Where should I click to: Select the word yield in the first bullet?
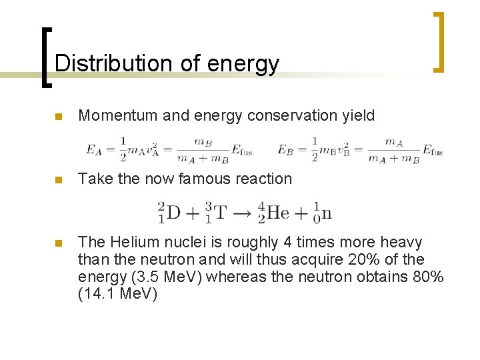click(359, 116)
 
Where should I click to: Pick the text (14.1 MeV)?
click(117, 293)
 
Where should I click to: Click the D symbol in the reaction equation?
click(173, 213)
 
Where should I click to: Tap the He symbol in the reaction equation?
click(277, 213)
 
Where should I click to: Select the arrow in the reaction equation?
click(243, 213)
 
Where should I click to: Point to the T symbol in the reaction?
click(220, 213)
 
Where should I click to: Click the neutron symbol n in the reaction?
click(326, 214)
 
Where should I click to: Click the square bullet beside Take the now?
click(58, 180)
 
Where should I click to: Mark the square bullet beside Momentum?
click(58, 117)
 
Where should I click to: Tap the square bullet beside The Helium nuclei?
click(58, 243)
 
